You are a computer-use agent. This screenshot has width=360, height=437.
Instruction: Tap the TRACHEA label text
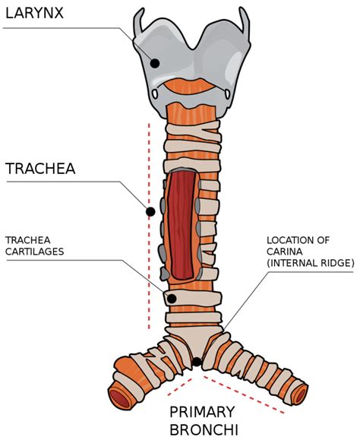tap(41, 168)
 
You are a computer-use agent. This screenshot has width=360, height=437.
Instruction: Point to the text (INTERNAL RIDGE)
tap(310, 263)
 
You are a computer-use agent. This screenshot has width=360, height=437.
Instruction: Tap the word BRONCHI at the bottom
tap(203, 429)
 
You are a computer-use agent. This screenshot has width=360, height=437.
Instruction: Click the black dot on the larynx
tap(155, 63)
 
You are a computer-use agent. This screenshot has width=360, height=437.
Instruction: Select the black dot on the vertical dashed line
tap(150, 211)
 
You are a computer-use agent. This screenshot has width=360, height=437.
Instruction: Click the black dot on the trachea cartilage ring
tap(172, 299)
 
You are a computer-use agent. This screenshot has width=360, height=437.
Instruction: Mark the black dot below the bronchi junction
tap(197, 362)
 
